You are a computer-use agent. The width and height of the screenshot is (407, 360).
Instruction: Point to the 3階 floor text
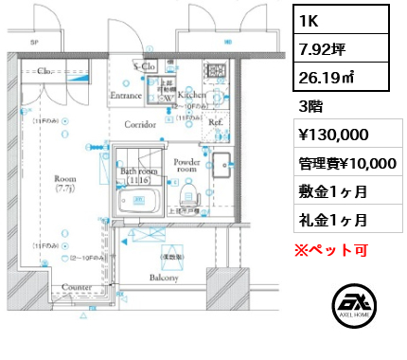click(x=310, y=107)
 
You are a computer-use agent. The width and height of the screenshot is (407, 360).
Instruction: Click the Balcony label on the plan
click(x=165, y=278)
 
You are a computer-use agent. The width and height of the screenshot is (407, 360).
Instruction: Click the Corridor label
click(x=140, y=125)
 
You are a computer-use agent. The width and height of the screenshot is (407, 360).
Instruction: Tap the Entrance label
click(x=126, y=96)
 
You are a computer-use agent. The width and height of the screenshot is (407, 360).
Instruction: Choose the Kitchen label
click(x=192, y=96)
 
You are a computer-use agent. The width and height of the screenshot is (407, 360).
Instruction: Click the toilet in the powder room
click(x=188, y=196)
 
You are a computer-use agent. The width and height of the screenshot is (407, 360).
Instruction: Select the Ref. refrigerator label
click(x=215, y=122)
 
